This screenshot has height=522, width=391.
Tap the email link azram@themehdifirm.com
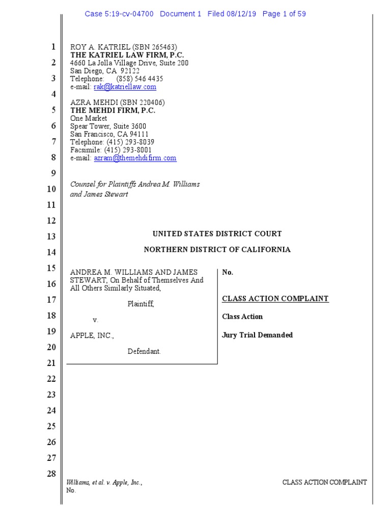pos(135,158)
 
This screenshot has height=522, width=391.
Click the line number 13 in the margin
pos(51,237)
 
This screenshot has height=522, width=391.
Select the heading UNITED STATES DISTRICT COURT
pos(217,234)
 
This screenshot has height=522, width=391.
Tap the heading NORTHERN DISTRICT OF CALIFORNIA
pos(217,250)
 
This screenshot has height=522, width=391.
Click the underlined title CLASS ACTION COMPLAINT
pos(275,299)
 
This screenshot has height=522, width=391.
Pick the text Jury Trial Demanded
pos(258,335)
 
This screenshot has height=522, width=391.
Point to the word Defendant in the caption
pos(144,352)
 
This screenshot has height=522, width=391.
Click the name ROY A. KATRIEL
pos(97,47)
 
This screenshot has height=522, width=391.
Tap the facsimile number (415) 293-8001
pos(128,150)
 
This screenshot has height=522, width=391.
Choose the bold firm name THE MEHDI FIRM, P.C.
pos(113,110)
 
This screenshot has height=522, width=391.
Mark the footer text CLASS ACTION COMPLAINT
pos(324,482)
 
